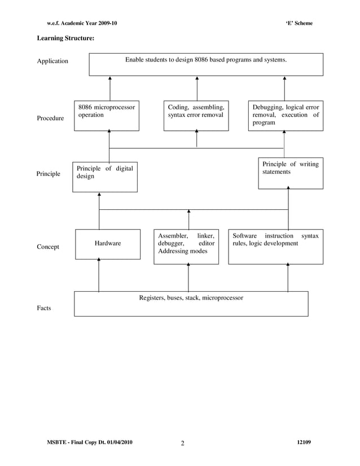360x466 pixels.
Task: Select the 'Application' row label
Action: pos(52,61)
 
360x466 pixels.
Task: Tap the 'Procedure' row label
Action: pos(50,118)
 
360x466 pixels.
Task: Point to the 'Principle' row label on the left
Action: pos(48,174)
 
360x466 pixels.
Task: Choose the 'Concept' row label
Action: pos(48,247)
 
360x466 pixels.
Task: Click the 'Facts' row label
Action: pos(44,308)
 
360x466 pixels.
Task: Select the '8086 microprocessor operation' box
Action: pos(107,116)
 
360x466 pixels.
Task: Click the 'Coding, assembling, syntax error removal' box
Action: pos(196,116)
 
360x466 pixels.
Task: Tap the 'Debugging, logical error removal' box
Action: pos(286,116)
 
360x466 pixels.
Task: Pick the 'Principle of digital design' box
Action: pos(104,177)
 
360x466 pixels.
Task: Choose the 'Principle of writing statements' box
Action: pos(291,173)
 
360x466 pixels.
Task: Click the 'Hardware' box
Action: pos(108,244)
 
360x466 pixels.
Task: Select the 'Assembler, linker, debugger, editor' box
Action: pos(186,247)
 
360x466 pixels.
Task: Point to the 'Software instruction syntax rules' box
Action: pos(275,247)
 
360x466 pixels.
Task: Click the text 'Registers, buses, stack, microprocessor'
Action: pos(191,297)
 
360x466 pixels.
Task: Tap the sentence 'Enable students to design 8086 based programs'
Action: pos(206,59)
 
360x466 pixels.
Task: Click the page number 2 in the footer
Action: pos(182,443)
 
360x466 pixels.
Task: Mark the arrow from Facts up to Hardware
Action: pos(99,275)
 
